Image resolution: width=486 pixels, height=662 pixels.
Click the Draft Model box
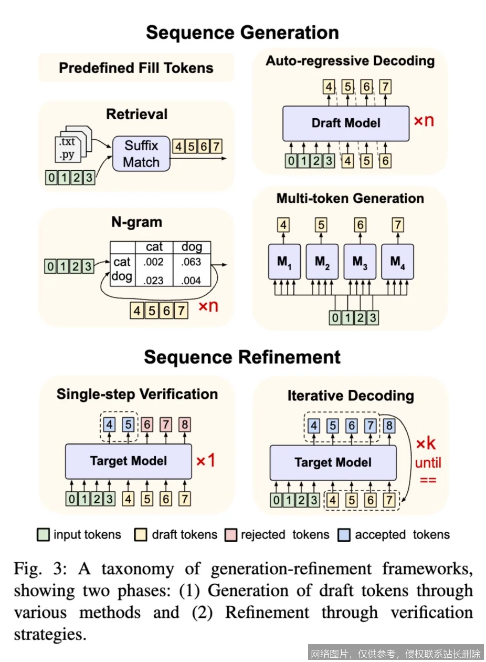click(345, 123)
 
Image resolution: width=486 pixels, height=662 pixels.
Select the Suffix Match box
click(141, 153)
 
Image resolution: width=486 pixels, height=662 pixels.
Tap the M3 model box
click(360, 261)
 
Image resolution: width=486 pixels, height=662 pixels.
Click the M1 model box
click(284, 261)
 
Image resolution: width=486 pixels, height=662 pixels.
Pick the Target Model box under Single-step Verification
click(128, 461)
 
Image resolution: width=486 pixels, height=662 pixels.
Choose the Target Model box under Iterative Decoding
click(333, 462)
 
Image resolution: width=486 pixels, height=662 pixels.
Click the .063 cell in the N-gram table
click(192, 262)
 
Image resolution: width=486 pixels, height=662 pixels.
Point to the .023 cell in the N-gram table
click(154, 280)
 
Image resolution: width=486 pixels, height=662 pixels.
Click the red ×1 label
click(206, 461)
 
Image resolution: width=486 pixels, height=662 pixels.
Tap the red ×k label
click(426, 444)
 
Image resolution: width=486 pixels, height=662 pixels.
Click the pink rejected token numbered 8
click(184, 423)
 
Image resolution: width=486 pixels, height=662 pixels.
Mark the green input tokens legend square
click(44, 535)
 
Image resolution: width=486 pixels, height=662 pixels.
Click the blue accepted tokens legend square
click(345, 535)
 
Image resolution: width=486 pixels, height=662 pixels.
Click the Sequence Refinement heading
click(242, 357)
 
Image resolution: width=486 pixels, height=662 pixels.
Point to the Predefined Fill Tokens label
click(136, 68)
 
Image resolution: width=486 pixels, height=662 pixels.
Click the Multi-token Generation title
click(350, 199)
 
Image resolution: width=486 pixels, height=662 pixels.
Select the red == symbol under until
click(428, 480)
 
